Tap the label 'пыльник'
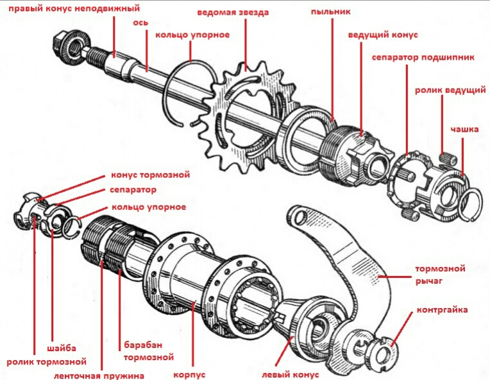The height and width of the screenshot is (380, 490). (332, 12)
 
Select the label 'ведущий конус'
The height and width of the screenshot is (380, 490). (382, 34)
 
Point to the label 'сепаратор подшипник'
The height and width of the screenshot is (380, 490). (423, 57)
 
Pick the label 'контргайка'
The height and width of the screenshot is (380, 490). (442, 310)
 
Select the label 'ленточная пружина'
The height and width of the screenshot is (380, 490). (99, 375)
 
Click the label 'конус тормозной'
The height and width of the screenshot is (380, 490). (151, 175)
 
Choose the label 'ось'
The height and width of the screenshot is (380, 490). (141, 22)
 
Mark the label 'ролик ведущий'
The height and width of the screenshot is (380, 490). (450, 90)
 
